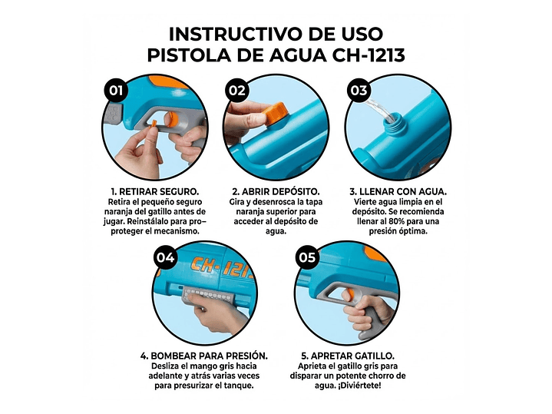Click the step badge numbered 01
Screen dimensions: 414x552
[x=116, y=91]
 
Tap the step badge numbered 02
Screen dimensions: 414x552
[x=238, y=91]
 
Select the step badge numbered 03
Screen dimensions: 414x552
[x=359, y=91]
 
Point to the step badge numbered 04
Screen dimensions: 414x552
[x=165, y=257]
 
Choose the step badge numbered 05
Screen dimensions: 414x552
[x=307, y=257]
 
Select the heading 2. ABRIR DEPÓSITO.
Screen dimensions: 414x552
[x=276, y=190]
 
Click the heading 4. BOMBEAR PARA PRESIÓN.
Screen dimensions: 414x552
[x=204, y=356]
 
